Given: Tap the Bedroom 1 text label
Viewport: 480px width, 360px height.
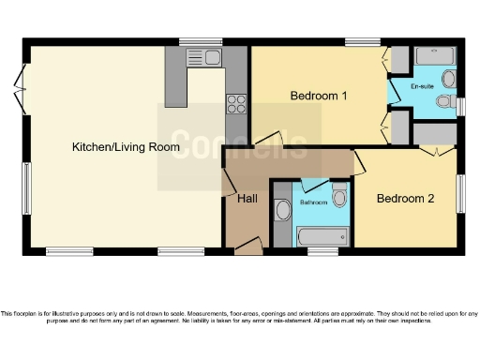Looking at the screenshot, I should pyautogui.click(x=319, y=96).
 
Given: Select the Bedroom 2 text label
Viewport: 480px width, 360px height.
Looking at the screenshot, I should pyautogui.click(x=405, y=199).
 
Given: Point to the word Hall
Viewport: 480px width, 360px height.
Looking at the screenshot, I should pyautogui.click(x=247, y=199).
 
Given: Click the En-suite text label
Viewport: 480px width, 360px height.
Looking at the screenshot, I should pyautogui.click(x=424, y=85).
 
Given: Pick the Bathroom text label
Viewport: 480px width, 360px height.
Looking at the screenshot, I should pyautogui.click(x=313, y=202).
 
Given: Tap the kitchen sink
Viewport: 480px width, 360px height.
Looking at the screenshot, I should pyautogui.click(x=204, y=59).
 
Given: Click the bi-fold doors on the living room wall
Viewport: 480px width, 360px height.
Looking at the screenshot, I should pyautogui.click(x=20, y=94).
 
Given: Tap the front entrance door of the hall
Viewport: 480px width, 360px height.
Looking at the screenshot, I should pyautogui.click(x=247, y=246).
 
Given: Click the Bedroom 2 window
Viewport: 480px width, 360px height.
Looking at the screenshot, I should pyautogui.click(x=460, y=193).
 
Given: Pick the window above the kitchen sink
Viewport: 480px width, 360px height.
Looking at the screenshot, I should pyautogui.click(x=194, y=41).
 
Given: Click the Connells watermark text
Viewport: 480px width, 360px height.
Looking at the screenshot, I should pyautogui.click(x=239, y=144).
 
